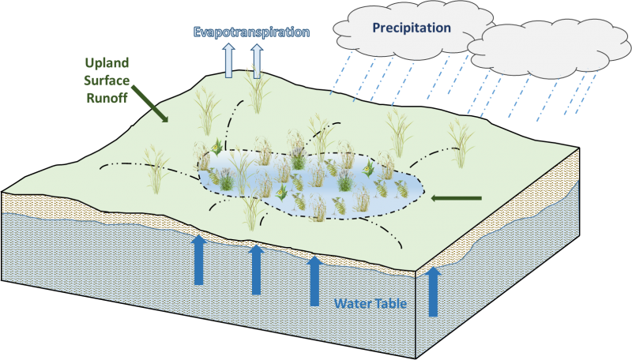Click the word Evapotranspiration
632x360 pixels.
251,32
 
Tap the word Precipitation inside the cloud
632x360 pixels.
412,28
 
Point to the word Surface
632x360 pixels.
107,81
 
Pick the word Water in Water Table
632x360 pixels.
352,303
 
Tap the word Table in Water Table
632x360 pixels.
390,303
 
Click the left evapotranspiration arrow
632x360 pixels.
228,61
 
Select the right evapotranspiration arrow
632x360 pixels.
257,61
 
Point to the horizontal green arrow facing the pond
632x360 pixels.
457,198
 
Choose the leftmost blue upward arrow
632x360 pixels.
199,261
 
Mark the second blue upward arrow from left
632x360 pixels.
256,270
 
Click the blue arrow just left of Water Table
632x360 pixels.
314,281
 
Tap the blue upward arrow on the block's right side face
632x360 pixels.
433,291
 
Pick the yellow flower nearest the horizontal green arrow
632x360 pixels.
367,169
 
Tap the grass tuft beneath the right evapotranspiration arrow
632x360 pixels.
258,92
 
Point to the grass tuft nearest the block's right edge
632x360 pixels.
461,143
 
